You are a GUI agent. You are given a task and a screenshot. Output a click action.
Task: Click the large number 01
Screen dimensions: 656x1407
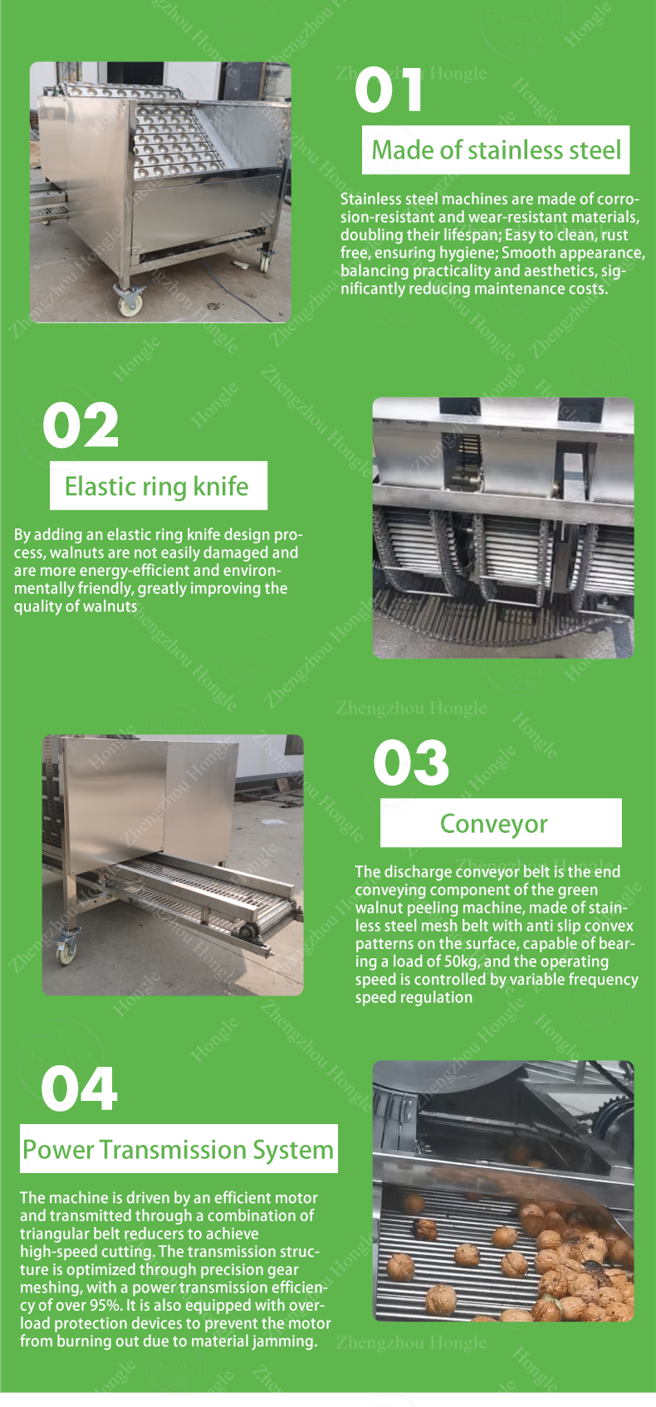388,90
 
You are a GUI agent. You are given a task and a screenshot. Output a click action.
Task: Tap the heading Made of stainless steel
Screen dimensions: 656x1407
496,150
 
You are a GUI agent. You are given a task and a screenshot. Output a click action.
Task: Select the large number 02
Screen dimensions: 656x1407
81,426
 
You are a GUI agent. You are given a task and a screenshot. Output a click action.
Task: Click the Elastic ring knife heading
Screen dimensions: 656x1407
157,486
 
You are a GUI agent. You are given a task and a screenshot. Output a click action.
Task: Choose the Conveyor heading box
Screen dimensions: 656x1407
501,823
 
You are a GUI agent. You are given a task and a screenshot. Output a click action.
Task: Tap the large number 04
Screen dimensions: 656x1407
79,1088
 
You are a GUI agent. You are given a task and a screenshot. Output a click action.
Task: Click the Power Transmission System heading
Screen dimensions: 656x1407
178,1150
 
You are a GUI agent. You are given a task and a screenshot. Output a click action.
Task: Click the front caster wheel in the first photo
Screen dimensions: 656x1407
130,302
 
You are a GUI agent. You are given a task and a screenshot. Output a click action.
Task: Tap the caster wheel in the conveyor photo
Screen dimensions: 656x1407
66,950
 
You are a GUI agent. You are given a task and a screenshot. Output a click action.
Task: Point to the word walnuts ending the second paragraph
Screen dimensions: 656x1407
110,606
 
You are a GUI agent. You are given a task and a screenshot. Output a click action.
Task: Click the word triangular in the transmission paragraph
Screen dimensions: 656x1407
53,1234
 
